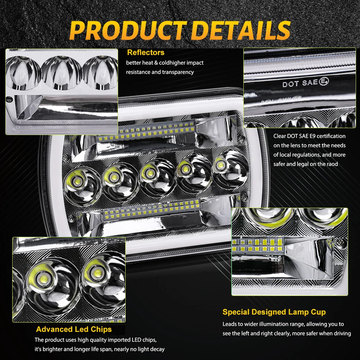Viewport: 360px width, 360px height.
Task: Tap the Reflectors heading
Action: [145, 53]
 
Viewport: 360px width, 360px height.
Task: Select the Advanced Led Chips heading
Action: [74, 329]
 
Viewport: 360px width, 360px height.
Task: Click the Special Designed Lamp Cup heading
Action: [274, 312]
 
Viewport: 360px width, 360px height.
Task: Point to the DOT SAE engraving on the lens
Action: [301, 83]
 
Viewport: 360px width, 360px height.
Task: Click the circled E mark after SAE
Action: [324, 82]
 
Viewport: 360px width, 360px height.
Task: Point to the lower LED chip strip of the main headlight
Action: [153, 211]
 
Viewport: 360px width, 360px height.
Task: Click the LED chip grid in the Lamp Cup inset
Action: [258, 244]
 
